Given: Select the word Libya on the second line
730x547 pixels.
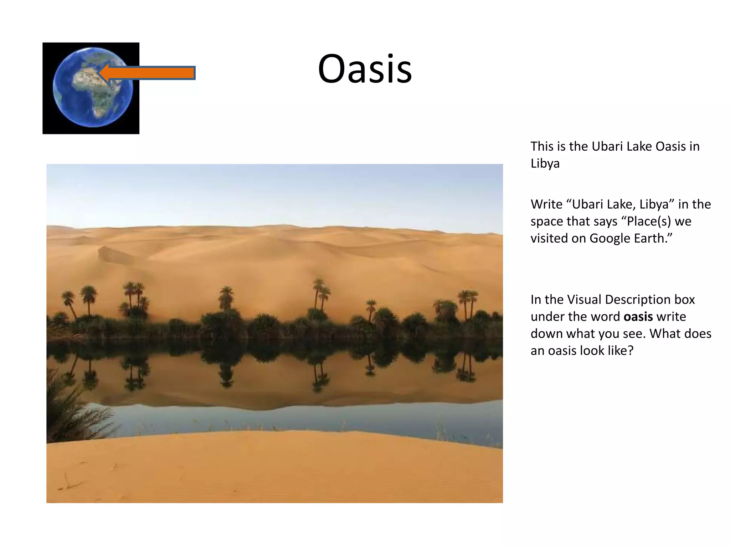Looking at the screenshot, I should pyautogui.click(x=545, y=163).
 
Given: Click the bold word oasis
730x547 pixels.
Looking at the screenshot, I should pyautogui.click(x=638, y=317).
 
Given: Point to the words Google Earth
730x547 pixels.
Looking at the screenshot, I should pyautogui.click(x=631, y=238).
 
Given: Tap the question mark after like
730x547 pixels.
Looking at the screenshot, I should pyautogui.click(x=630, y=351).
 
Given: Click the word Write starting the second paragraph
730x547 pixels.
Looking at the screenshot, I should pyautogui.click(x=546, y=204).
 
